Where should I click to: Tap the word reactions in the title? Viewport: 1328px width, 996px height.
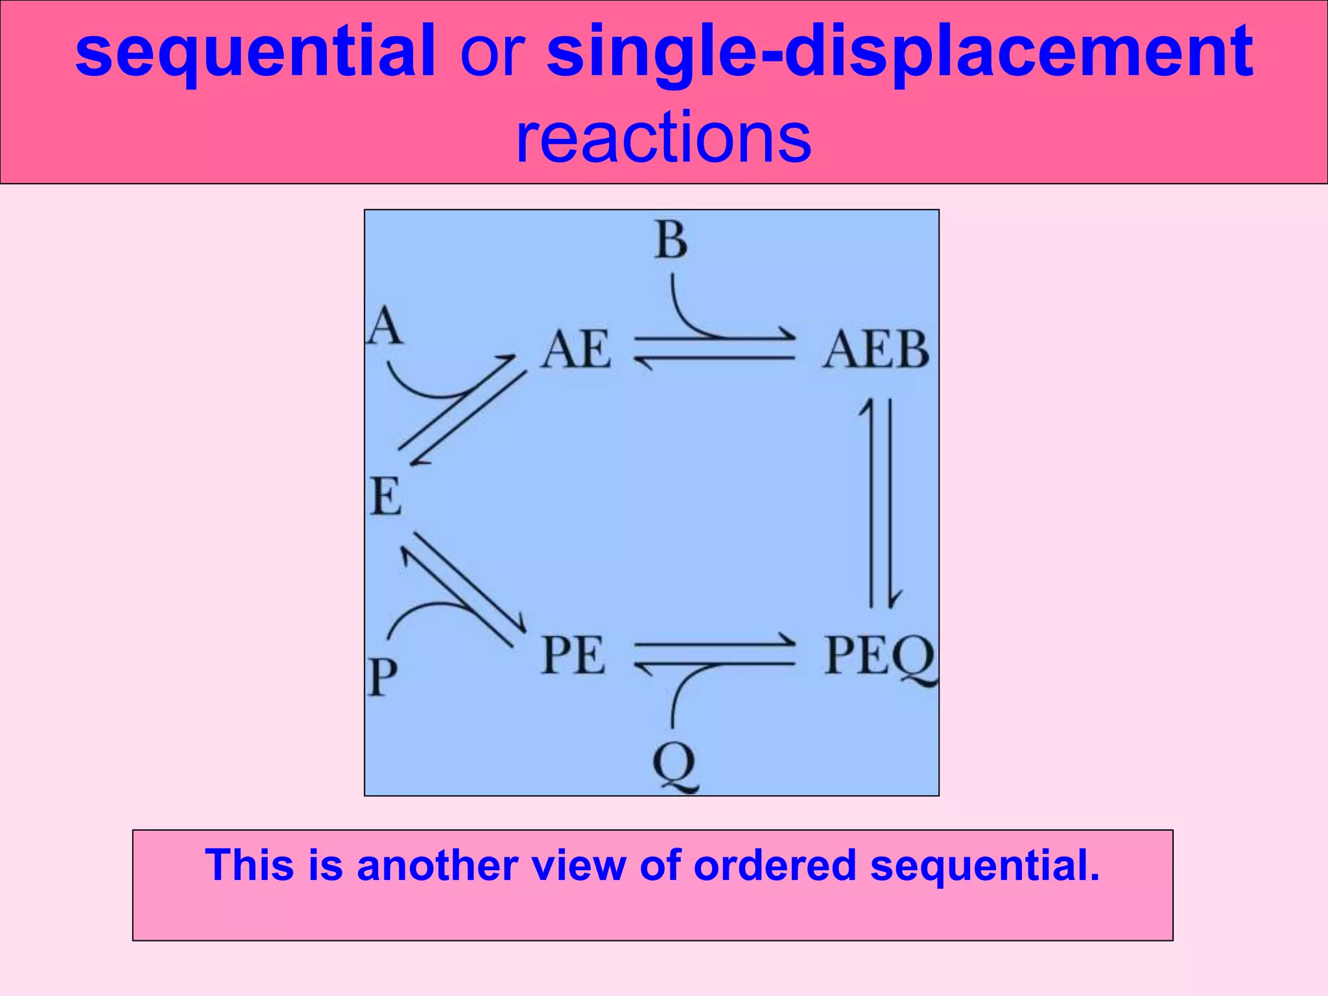tap(663, 137)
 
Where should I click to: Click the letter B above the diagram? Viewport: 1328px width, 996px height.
tap(670, 240)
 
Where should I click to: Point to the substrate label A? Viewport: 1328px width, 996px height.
tap(385, 326)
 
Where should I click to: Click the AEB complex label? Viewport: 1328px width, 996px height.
tap(875, 350)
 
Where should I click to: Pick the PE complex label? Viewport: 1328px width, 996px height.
tap(573, 655)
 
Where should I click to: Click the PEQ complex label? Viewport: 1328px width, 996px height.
tap(879, 656)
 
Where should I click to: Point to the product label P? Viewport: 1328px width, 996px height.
tap(383, 676)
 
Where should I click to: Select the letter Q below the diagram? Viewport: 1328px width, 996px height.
tap(674, 765)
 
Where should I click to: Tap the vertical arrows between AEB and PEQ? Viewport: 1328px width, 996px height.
tap(881, 503)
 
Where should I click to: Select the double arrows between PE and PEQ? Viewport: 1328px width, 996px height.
tap(715, 654)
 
